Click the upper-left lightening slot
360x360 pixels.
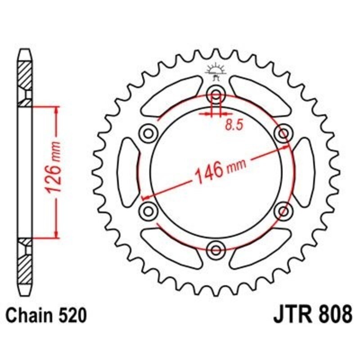pyautogui.click(x=171, y=95)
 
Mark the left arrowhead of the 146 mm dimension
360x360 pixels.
pyautogui.click(x=145, y=197)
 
